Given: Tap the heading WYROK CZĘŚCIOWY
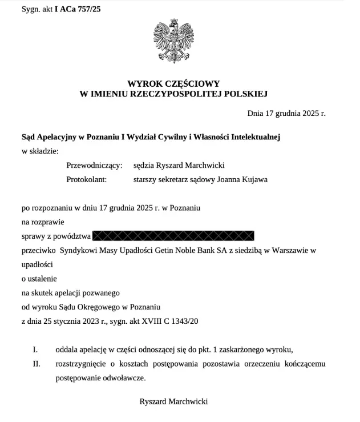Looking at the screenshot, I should pos(173,83).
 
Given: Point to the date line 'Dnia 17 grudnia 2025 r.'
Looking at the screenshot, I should pos(286,113).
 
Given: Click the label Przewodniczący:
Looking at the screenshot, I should pos(95,165).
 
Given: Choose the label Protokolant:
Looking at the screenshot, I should pos(90,179).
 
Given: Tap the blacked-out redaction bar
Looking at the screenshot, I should pos(173,236).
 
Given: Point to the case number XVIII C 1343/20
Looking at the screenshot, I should pos(169,321).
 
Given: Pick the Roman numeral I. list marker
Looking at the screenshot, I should pos(35,349).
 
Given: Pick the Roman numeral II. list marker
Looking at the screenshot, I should pos(36,364).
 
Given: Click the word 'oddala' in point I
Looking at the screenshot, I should pos(68,349).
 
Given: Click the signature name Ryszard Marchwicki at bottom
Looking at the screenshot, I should pos(173,401).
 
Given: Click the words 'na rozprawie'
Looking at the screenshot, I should pos(43,222).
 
